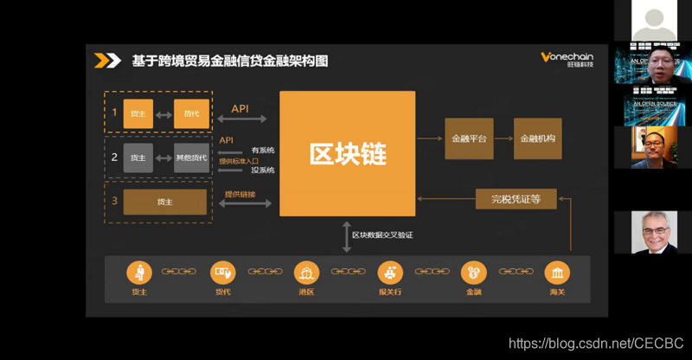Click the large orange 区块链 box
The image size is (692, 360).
(x=347, y=153)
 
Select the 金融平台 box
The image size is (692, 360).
(x=469, y=138)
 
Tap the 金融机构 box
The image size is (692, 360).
(x=537, y=138)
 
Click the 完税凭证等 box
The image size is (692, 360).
(x=516, y=199)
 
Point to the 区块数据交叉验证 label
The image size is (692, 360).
(x=381, y=235)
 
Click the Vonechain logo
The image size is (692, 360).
(x=567, y=59)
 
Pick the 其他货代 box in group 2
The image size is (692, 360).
(x=191, y=157)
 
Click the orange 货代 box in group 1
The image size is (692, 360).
(x=191, y=113)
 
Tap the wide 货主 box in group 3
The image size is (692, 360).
(x=164, y=202)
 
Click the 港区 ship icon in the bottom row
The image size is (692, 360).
(x=306, y=273)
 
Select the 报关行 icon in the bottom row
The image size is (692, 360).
(x=390, y=273)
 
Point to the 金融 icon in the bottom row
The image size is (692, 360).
(x=473, y=273)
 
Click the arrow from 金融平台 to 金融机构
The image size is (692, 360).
(x=503, y=138)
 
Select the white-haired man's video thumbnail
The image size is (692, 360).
(x=653, y=233)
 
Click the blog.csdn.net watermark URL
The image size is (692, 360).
(x=596, y=344)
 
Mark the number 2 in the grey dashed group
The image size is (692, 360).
(x=114, y=157)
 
